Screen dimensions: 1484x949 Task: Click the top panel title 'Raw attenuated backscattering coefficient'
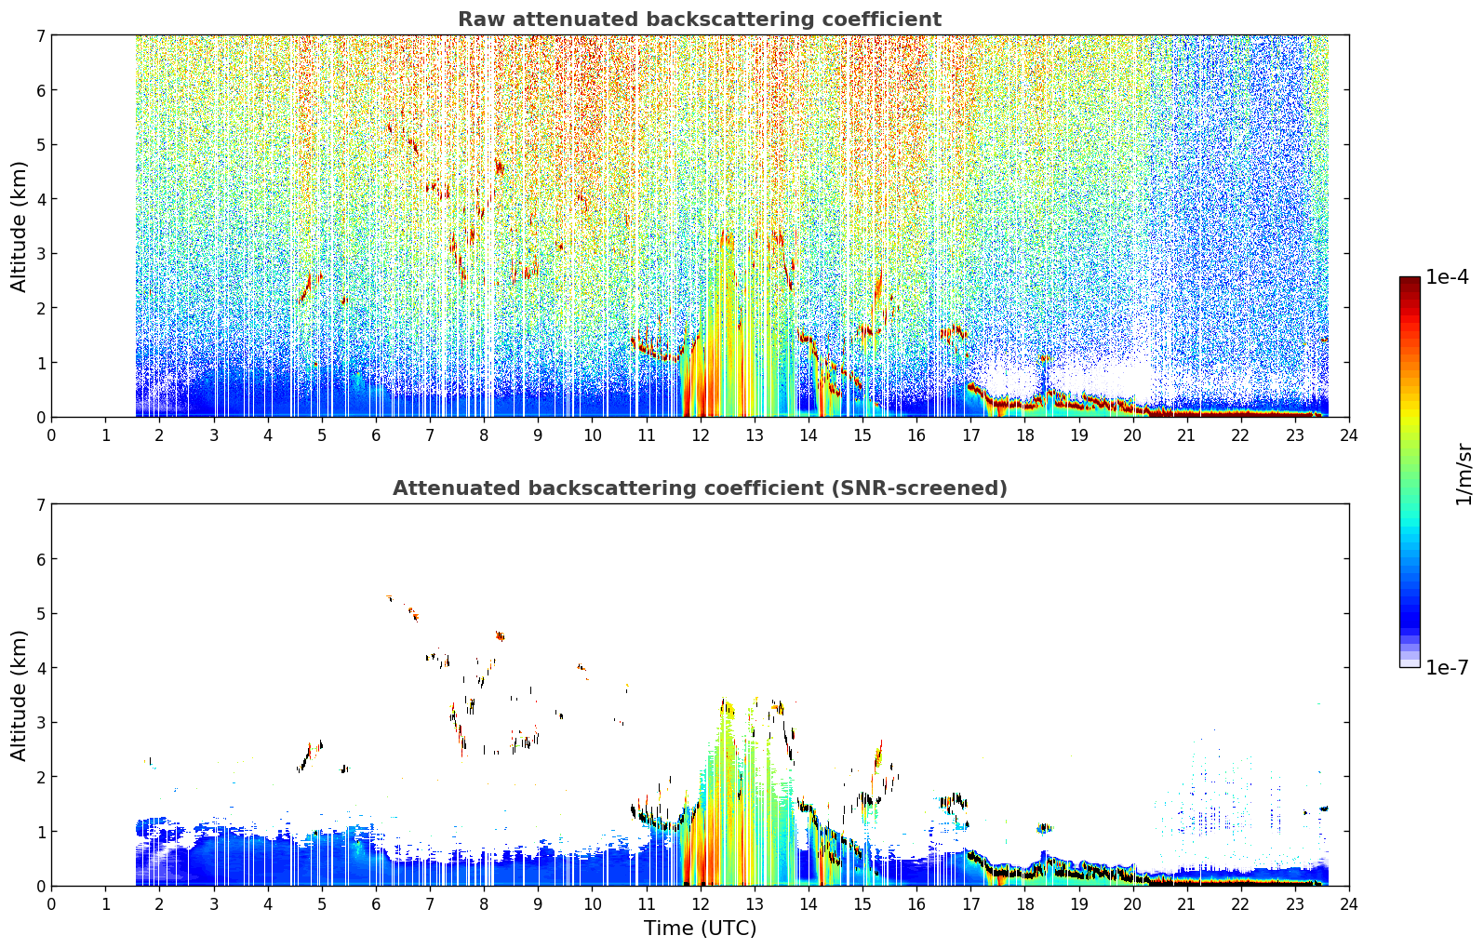[700, 20]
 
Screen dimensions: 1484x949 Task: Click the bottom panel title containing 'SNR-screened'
[700, 488]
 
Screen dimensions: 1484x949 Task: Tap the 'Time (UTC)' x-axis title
[700, 929]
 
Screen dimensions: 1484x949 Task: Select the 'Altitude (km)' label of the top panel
[19, 227]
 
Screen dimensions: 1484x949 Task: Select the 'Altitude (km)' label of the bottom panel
[19, 696]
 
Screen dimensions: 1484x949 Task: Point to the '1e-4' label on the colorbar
[1448, 277]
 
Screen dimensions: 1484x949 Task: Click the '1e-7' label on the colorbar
[1448, 667]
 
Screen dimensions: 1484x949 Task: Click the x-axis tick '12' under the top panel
[701, 435]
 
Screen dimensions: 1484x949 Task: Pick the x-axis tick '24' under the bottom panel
[1349, 904]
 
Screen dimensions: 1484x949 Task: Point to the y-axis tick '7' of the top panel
[41, 35]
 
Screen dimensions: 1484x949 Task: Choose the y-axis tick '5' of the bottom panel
[41, 614]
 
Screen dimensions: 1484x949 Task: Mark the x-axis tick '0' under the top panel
[52, 435]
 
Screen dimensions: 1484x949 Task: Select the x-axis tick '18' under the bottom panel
[1025, 904]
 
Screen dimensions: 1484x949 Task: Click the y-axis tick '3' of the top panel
[41, 254]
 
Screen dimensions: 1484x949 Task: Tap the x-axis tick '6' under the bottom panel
[376, 904]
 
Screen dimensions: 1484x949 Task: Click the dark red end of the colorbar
[1410, 281]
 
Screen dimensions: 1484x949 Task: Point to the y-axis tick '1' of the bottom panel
[41, 832]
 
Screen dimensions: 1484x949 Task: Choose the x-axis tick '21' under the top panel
[1186, 435]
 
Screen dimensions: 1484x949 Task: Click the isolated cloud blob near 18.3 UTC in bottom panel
[1045, 828]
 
